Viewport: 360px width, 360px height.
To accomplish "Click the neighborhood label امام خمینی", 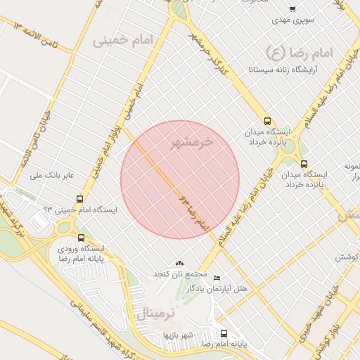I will pyautogui.click(x=122, y=41).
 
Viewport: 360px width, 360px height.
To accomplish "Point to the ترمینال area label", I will pyautogui.click(x=145, y=313).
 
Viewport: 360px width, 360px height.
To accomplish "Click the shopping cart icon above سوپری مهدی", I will pyautogui.click(x=292, y=9).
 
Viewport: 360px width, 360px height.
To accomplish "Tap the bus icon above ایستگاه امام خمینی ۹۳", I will pyautogui.click(x=79, y=199).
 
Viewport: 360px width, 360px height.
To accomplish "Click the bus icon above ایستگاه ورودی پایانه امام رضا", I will pyautogui.click(x=82, y=238).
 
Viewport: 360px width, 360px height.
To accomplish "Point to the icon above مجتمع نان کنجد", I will pyautogui.click(x=179, y=262).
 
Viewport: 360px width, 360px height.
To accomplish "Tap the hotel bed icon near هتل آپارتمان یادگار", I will pyautogui.click(x=217, y=278).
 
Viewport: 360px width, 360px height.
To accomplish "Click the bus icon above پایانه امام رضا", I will pyautogui.click(x=224, y=333).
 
